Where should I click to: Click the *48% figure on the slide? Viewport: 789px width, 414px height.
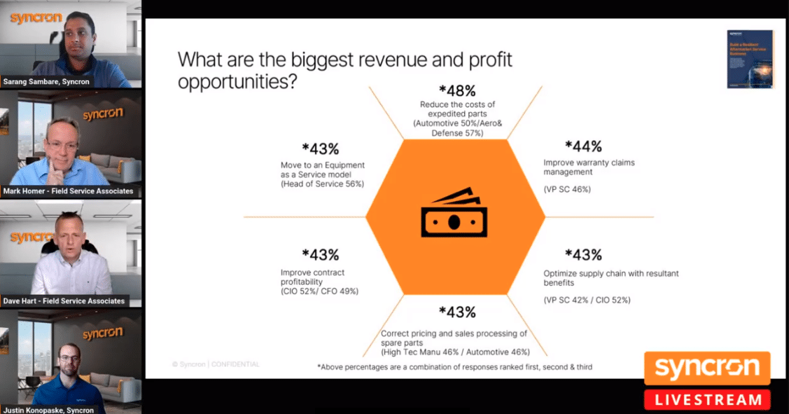click(456, 91)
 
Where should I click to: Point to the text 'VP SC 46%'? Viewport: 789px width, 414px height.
click(567, 189)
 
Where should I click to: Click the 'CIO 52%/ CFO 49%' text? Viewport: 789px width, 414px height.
click(319, 291)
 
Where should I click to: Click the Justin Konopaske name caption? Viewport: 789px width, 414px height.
click(48, 410)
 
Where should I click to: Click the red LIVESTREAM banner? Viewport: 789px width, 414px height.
click(707, 400)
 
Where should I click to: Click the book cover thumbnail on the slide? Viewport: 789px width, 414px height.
click(749, 59)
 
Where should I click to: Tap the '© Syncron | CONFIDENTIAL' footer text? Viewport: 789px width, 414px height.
click(216, 364)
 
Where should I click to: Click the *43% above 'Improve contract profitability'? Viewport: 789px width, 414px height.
click(320, 255)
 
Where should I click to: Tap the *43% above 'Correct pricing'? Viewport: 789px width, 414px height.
click(456, 312)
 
